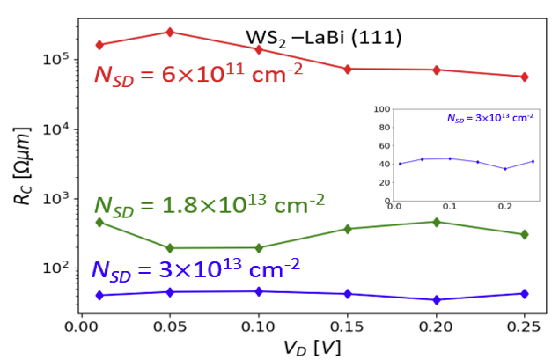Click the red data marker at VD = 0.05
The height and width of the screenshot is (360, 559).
point(170,32)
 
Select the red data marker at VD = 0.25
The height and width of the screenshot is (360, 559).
point(525,77)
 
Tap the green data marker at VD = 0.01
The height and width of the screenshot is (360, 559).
point(99,222)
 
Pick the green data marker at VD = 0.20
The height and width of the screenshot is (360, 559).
point(436,222)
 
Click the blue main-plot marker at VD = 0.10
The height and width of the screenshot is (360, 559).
point(259,291)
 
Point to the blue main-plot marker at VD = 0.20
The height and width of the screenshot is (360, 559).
point(436,300)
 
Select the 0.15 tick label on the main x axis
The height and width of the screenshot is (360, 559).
point(347,326)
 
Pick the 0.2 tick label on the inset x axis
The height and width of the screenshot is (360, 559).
point(504,208)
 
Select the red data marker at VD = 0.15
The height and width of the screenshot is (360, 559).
point(348,69)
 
